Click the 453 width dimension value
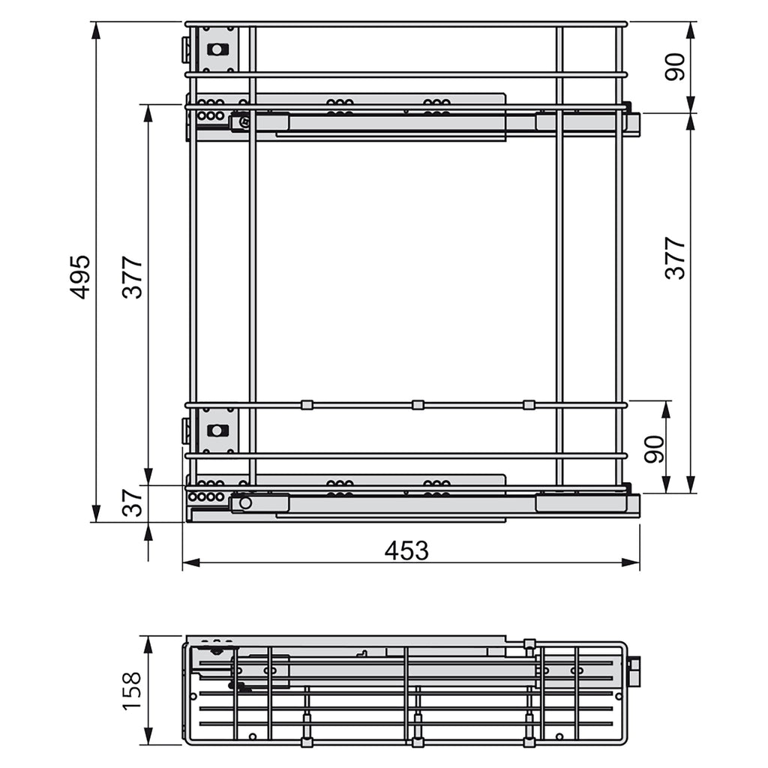[406, 550]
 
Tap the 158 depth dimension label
[131, 691]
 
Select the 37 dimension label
[132, 502]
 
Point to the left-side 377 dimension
[132, 277]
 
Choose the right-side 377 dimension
[675, 258]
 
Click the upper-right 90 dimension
[675, 67]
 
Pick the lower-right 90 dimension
[654, 448]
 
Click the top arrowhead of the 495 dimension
[97, 31]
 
